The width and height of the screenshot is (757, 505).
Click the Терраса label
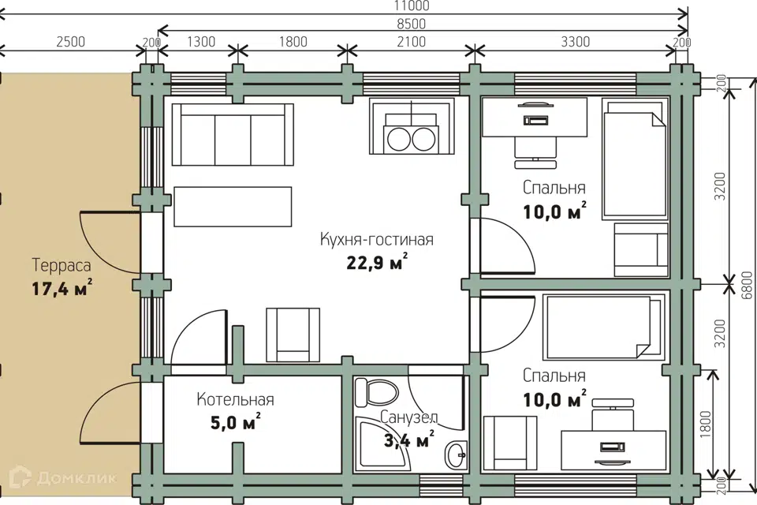(x=62, y=265)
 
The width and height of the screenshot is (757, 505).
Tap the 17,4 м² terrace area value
(x=62, y=288)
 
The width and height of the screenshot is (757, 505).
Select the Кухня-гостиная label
(x=377, y=239)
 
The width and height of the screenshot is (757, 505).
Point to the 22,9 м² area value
(x=377, y=262)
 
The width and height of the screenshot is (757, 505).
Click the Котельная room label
(x=235, y=399)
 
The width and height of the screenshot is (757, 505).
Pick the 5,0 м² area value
(x=236, y=422)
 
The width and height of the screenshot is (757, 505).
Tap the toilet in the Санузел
(x=376, y=392)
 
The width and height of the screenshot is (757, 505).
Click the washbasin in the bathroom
(x=456, y=454)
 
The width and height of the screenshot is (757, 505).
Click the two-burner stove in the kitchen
(x=412, y=126)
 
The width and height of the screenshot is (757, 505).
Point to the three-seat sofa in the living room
(x=232, y=134)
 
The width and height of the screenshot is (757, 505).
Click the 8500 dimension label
(x=412, y=24)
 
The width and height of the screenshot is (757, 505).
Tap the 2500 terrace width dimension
(x=70, y=42)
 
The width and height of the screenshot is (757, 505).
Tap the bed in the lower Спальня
(x=602, y=327)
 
